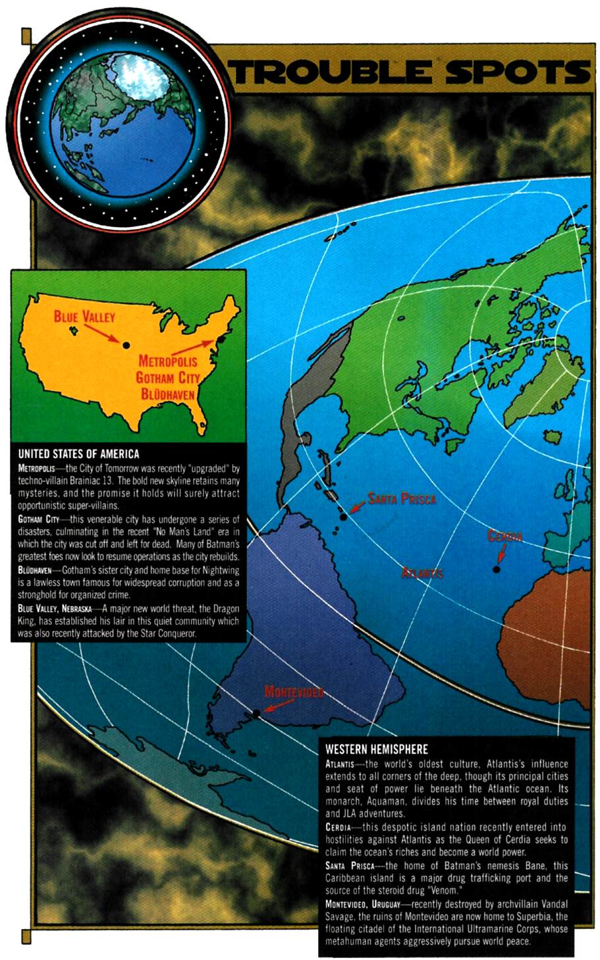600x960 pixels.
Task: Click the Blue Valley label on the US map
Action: click(x=84, y=317)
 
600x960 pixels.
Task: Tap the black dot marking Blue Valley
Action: click(x=125, y=344)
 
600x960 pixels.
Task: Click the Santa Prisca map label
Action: click(x=402, y=498)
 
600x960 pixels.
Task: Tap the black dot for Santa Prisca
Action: click(x=343, y=518)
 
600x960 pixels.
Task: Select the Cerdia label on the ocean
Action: click(x=505, y=537)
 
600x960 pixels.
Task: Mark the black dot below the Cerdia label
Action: click(x=496, y=570)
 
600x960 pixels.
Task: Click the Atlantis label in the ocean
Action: click(x=422, y=573)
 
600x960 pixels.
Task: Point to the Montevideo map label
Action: click(x=294, y=691)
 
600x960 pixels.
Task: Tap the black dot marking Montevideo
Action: click(x=256, y=714)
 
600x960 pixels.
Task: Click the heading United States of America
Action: click(x=78, y=454)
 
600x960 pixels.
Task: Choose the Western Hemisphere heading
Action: click(x=376, y=749)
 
